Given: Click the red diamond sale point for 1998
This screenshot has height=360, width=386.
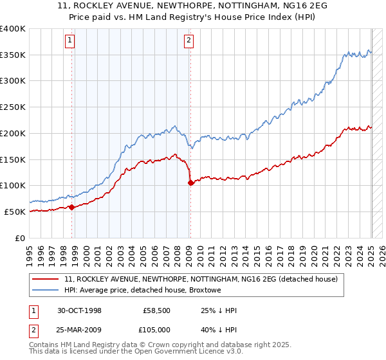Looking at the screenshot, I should pos(71,207).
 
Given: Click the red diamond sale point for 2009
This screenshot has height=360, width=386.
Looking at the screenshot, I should pos(190,183).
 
